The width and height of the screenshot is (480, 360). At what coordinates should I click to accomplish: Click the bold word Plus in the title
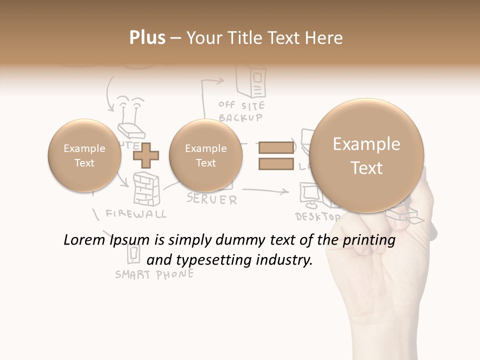pos(147,38)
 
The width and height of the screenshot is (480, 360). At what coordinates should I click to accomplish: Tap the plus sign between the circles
pos(145,155)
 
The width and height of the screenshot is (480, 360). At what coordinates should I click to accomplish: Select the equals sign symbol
pos(275,155)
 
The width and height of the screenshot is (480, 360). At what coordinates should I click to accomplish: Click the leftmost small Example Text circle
pos(84,155)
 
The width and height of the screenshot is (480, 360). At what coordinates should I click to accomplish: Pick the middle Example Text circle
pos(206,155)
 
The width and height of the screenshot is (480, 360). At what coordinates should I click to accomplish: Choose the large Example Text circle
pos(366,155)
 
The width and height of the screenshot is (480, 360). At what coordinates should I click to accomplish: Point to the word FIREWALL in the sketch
pos(136,214)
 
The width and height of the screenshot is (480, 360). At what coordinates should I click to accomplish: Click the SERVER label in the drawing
pos(212,199)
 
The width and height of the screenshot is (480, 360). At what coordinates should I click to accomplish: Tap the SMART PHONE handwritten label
pos(154,274)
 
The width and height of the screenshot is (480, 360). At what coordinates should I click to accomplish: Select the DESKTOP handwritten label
pos(318,217)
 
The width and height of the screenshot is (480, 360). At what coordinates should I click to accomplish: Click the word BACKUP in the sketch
pos(240,118)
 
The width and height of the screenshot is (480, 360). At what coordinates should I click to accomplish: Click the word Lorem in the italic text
pos(81,240)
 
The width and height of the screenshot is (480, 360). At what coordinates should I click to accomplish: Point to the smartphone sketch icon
pos(133,253)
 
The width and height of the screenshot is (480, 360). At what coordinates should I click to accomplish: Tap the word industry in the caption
pos(288,260)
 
